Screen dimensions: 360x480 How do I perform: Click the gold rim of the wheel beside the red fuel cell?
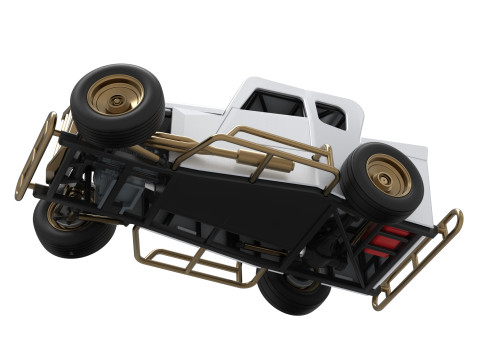pos(387,176)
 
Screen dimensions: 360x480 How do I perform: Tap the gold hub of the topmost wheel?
pos(115,95)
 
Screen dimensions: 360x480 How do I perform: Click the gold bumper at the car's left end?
pos(35,155)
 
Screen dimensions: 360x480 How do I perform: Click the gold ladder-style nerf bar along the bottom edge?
pos(190,262)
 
